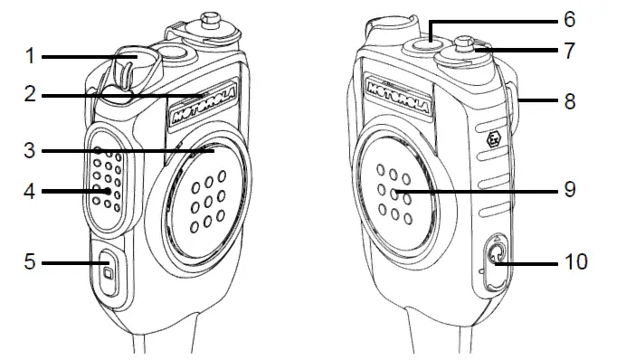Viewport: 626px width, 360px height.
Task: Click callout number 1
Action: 30,57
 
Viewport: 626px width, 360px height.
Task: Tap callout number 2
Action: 30,94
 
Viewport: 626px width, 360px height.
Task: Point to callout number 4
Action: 30,191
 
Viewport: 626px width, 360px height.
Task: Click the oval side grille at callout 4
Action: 107,181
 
